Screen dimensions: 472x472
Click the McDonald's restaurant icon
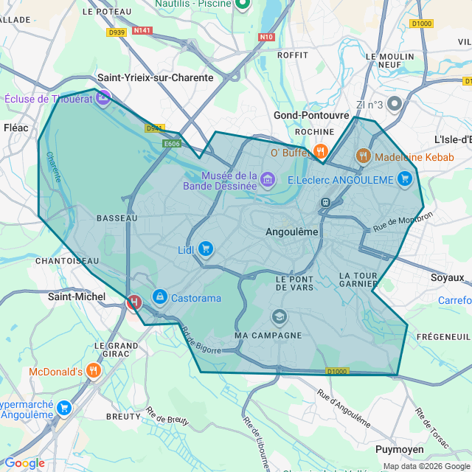tap(93, 370)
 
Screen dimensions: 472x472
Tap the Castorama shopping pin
tap(159, 296)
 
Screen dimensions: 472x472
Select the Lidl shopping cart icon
tap(206, 249)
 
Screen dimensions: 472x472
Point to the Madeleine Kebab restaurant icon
tap(362, 156)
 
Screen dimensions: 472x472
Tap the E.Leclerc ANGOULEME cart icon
tap(404, 178)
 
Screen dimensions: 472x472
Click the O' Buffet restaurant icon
tap(320, 152)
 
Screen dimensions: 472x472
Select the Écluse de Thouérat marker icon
tap(103, 97)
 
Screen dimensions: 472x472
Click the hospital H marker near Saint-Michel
tap(134, 302)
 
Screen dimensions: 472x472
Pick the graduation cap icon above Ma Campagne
tap(279, 317)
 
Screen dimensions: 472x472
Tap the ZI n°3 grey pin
tap(395, 104)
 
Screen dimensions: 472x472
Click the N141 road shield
tap(142, 30)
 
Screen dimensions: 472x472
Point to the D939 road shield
tap(116, 32)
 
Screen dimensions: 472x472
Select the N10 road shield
tap(267, 36)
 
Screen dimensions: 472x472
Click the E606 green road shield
tap(173, 144)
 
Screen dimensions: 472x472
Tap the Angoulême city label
tap(291, 232)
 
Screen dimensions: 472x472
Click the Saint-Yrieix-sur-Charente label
tap(156, 77)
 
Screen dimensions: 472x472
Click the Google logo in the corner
tap(24, 463)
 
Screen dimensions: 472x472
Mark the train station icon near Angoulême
tap(324, 202)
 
